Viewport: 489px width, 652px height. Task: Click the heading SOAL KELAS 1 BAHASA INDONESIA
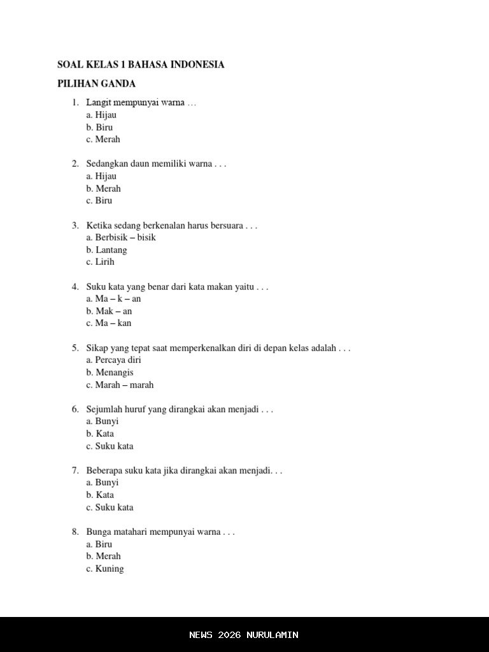(x=141, y=64)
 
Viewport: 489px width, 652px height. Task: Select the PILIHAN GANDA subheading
(x=96, y=83)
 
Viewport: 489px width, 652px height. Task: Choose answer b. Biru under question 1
(x=99, y=127)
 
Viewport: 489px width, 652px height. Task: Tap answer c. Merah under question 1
(x=103, y=139)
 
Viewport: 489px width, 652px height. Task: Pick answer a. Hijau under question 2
(x=101, y=176)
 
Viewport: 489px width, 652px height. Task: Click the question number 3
(x=75, y=225)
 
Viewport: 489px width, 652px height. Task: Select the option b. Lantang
(x=106, y=250)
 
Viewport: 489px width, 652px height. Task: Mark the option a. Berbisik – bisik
(x=121, y=237)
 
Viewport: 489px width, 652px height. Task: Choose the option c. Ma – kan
(x=109, y=323)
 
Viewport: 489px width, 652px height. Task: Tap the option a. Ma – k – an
(x=113, y=299)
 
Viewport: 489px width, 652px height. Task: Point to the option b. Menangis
(x=110, y=372)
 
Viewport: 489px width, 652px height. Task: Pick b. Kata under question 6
(x=100, y=434)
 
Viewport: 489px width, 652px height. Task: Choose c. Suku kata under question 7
(x=110, y=507)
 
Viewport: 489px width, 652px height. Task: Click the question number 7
(x=75, y=471)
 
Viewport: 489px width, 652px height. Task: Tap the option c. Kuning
(x=105, y=569)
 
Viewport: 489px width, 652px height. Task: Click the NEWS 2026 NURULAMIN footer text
(x=244, y=635)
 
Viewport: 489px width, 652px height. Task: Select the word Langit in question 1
(x=99, y=103)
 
